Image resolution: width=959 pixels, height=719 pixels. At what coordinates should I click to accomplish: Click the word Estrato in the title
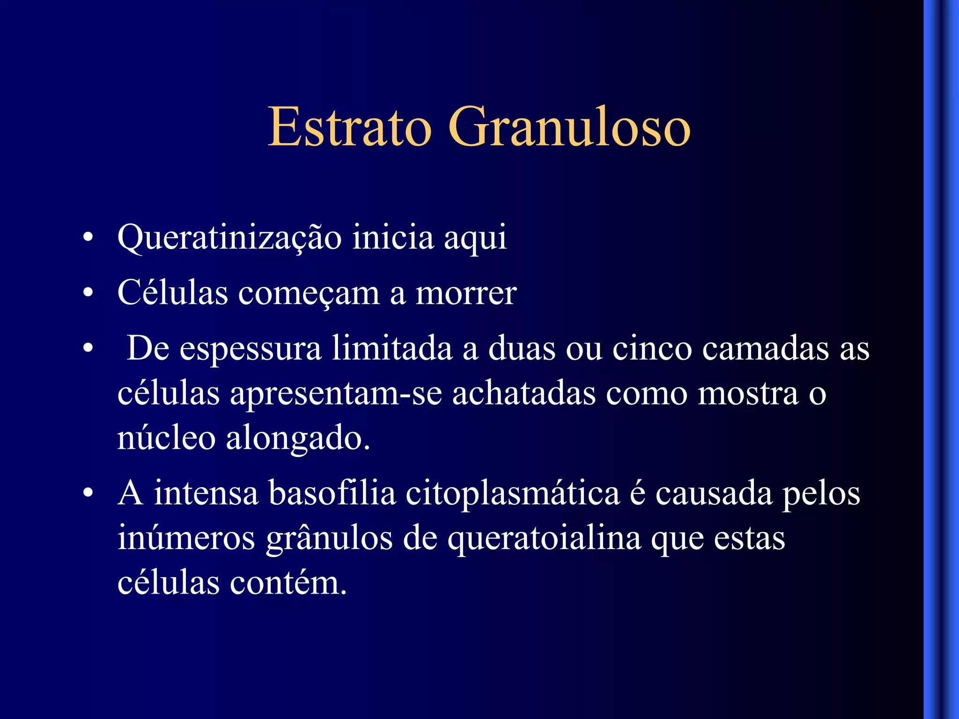pos(349,127)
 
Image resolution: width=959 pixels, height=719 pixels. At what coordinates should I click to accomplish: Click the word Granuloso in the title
pos(569,127)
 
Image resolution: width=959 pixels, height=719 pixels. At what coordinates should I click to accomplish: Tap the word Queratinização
pos(229,238)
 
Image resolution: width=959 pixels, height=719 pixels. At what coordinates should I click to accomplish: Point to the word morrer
pos(466,294)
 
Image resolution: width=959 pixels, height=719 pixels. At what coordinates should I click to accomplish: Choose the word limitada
pos(392,348)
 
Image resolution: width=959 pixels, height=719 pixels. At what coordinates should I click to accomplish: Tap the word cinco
pos(652,349)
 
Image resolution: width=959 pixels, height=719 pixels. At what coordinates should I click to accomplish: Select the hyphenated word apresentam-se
pos(336,394)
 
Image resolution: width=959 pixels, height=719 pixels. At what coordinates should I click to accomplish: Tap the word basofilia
pos(332,493)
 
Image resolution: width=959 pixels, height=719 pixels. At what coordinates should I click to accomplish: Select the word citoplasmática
pos(513,494)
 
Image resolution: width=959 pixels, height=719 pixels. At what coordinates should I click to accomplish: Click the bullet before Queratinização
pos(88,238)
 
